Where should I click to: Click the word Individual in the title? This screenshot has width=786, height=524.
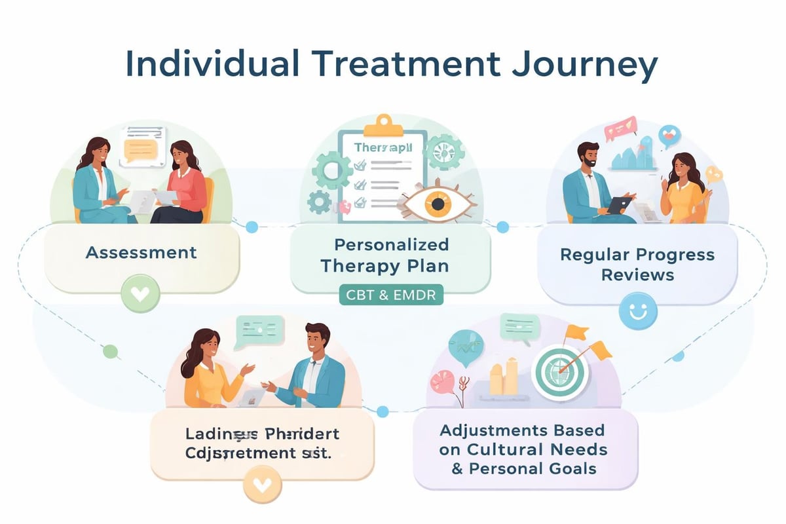coord(198,64)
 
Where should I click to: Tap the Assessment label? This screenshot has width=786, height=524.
coord(141,252)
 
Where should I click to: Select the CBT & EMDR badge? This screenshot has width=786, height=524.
coord(391,295)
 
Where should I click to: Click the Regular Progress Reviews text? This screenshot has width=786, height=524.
coord(637,264)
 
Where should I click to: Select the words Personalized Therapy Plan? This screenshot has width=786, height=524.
coord(391,255)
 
